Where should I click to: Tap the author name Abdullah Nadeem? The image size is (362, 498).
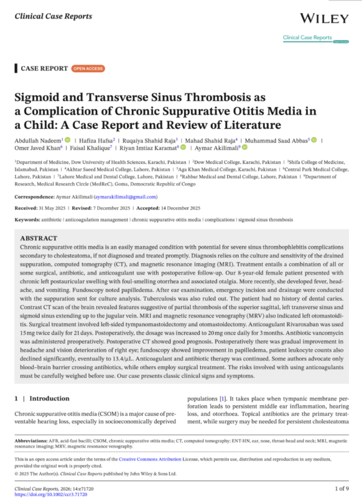[x=37, y=140]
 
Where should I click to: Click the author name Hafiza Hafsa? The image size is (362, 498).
[x=95, y=140]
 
